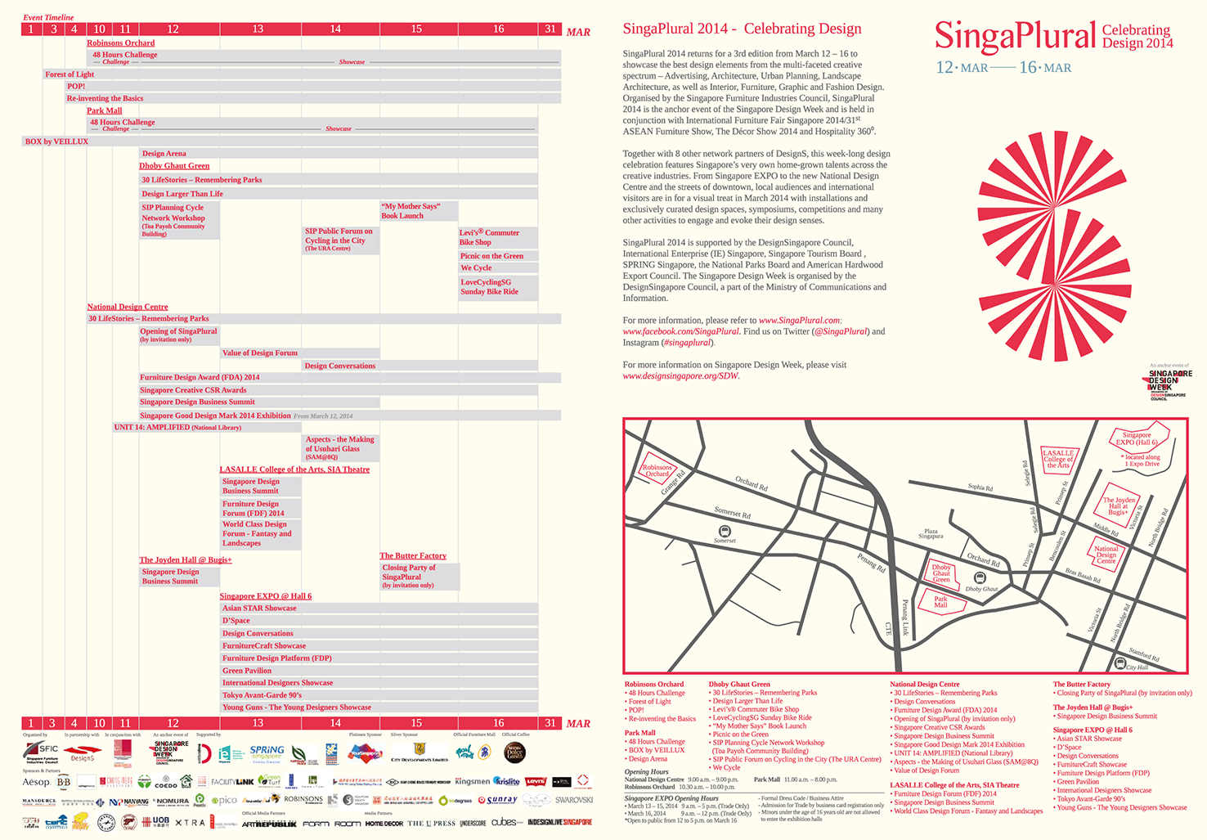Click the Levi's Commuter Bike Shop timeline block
tap(497, 238)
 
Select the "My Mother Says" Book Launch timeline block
tap(418, 211)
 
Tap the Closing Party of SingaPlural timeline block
tap(418, 577)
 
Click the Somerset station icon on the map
tap(724, 532)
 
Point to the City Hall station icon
tap(1120, 663)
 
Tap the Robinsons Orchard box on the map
tap(657, 471)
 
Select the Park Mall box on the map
tap(940, 602)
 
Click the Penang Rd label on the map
tap(871, 563)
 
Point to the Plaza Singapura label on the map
tap(931, 534)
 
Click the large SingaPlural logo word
tap(1015, 37)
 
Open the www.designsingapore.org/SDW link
tap(680, 376)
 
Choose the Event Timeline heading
tap(48, 17)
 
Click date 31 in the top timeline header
tap(550, 29)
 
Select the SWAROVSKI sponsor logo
tap(574, 800)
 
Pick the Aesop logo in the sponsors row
tap(36, 783)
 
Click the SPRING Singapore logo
tap(267, 752)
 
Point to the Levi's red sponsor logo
tap(536, 782)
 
